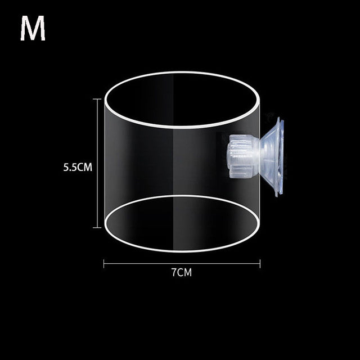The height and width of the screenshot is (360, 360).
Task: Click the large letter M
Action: (33, 30)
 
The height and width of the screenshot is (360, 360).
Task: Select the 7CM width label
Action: (181, 273)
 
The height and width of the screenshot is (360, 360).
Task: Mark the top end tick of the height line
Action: (100, 99)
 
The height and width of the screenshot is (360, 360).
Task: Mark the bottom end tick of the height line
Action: (100, 227)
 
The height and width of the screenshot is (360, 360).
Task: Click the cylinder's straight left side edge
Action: (105, 163)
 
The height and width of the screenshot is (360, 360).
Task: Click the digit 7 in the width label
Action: (173, 273)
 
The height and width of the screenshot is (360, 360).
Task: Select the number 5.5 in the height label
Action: (70, 167)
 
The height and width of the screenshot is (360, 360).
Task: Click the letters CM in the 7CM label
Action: (184, 273)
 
